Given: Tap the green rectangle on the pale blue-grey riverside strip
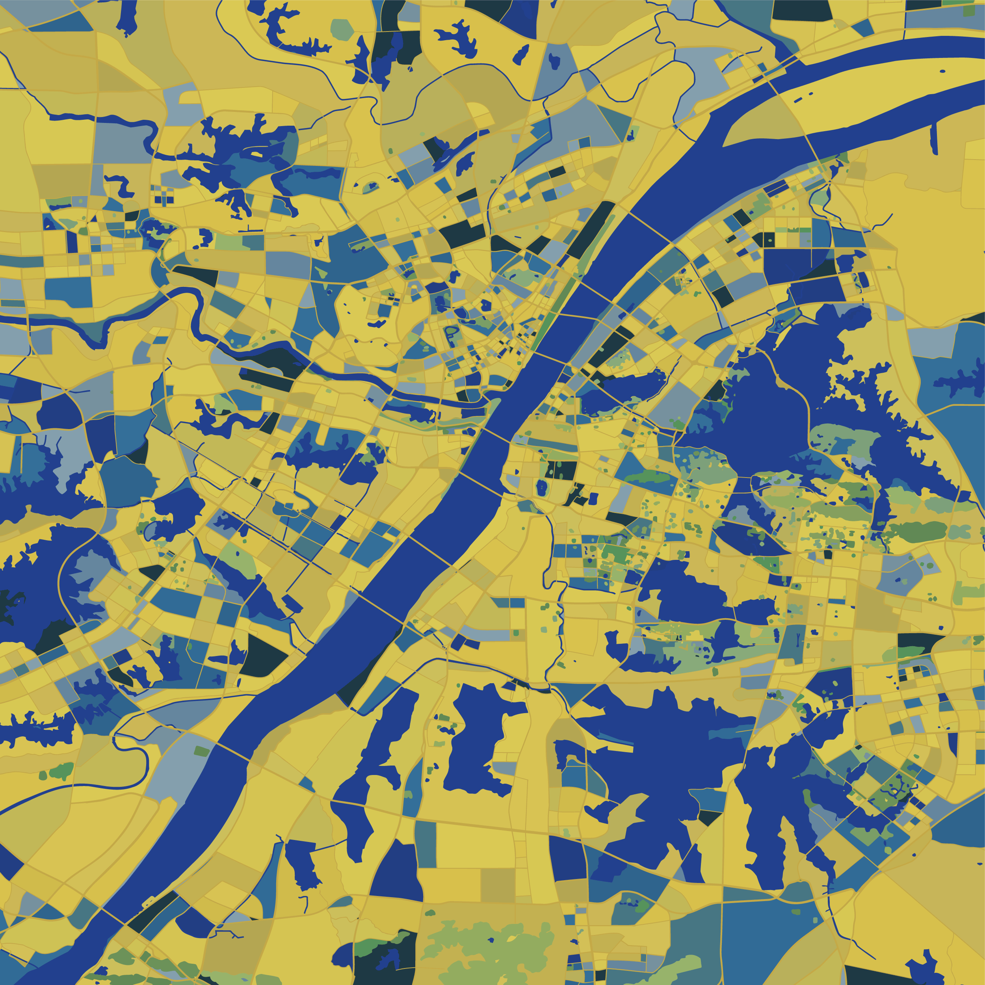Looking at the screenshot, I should [202, 751].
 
